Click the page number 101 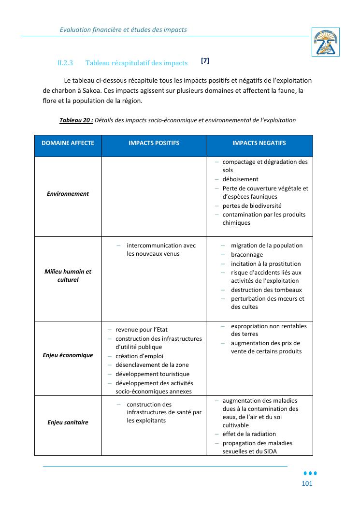point(307,484)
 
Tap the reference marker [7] point(205,61)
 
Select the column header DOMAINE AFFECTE point(68,143)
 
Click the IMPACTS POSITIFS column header point(154,143)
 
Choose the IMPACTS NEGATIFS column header point(259,143)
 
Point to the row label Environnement point(68,194)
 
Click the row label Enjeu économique point(68,355)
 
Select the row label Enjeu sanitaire point(68,422)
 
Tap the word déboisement point(240,179)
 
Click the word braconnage point(247,255)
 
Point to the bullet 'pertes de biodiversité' point(252,206)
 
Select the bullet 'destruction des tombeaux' point(266,290)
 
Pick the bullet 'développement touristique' point(152,374)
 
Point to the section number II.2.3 point(65,63)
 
